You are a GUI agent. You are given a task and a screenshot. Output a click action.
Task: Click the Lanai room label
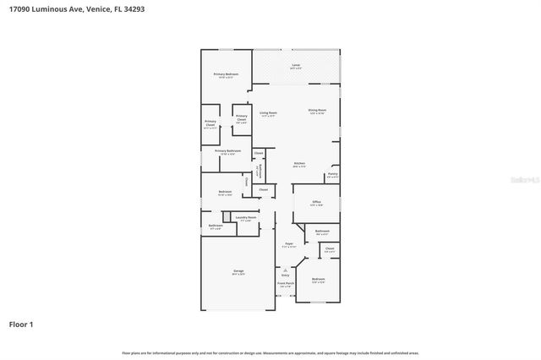coord(296,65)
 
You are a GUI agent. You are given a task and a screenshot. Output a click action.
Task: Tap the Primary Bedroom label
coord(226,75)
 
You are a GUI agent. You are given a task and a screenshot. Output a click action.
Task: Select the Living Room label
coord(268,113)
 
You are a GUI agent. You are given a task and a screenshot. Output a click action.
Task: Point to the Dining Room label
coord(317,111)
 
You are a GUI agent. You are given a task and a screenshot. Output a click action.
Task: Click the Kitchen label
coord(299,164)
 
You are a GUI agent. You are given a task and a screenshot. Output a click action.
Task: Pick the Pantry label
coord(332,174)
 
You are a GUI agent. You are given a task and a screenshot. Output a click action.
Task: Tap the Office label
coord(316,203)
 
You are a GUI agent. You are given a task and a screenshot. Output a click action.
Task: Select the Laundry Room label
coord(246,218)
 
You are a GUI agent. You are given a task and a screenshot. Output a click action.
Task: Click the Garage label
coord(238,271)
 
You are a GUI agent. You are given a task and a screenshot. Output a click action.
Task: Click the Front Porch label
coord(285,285)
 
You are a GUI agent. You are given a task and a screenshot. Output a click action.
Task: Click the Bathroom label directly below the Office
coord(322,232)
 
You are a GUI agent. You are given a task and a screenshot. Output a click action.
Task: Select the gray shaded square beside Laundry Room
coord(227,217)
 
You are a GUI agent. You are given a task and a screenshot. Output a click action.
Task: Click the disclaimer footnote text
coord(270,352)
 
